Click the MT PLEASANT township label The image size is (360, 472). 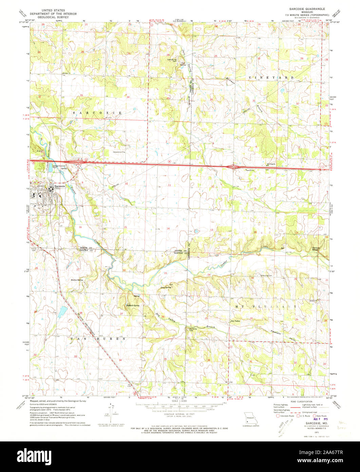(x=265, y=306)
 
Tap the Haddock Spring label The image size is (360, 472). (x=132, y=306)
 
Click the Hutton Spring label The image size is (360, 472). (x=77, y=280)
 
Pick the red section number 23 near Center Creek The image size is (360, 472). (x=165, y=273)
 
